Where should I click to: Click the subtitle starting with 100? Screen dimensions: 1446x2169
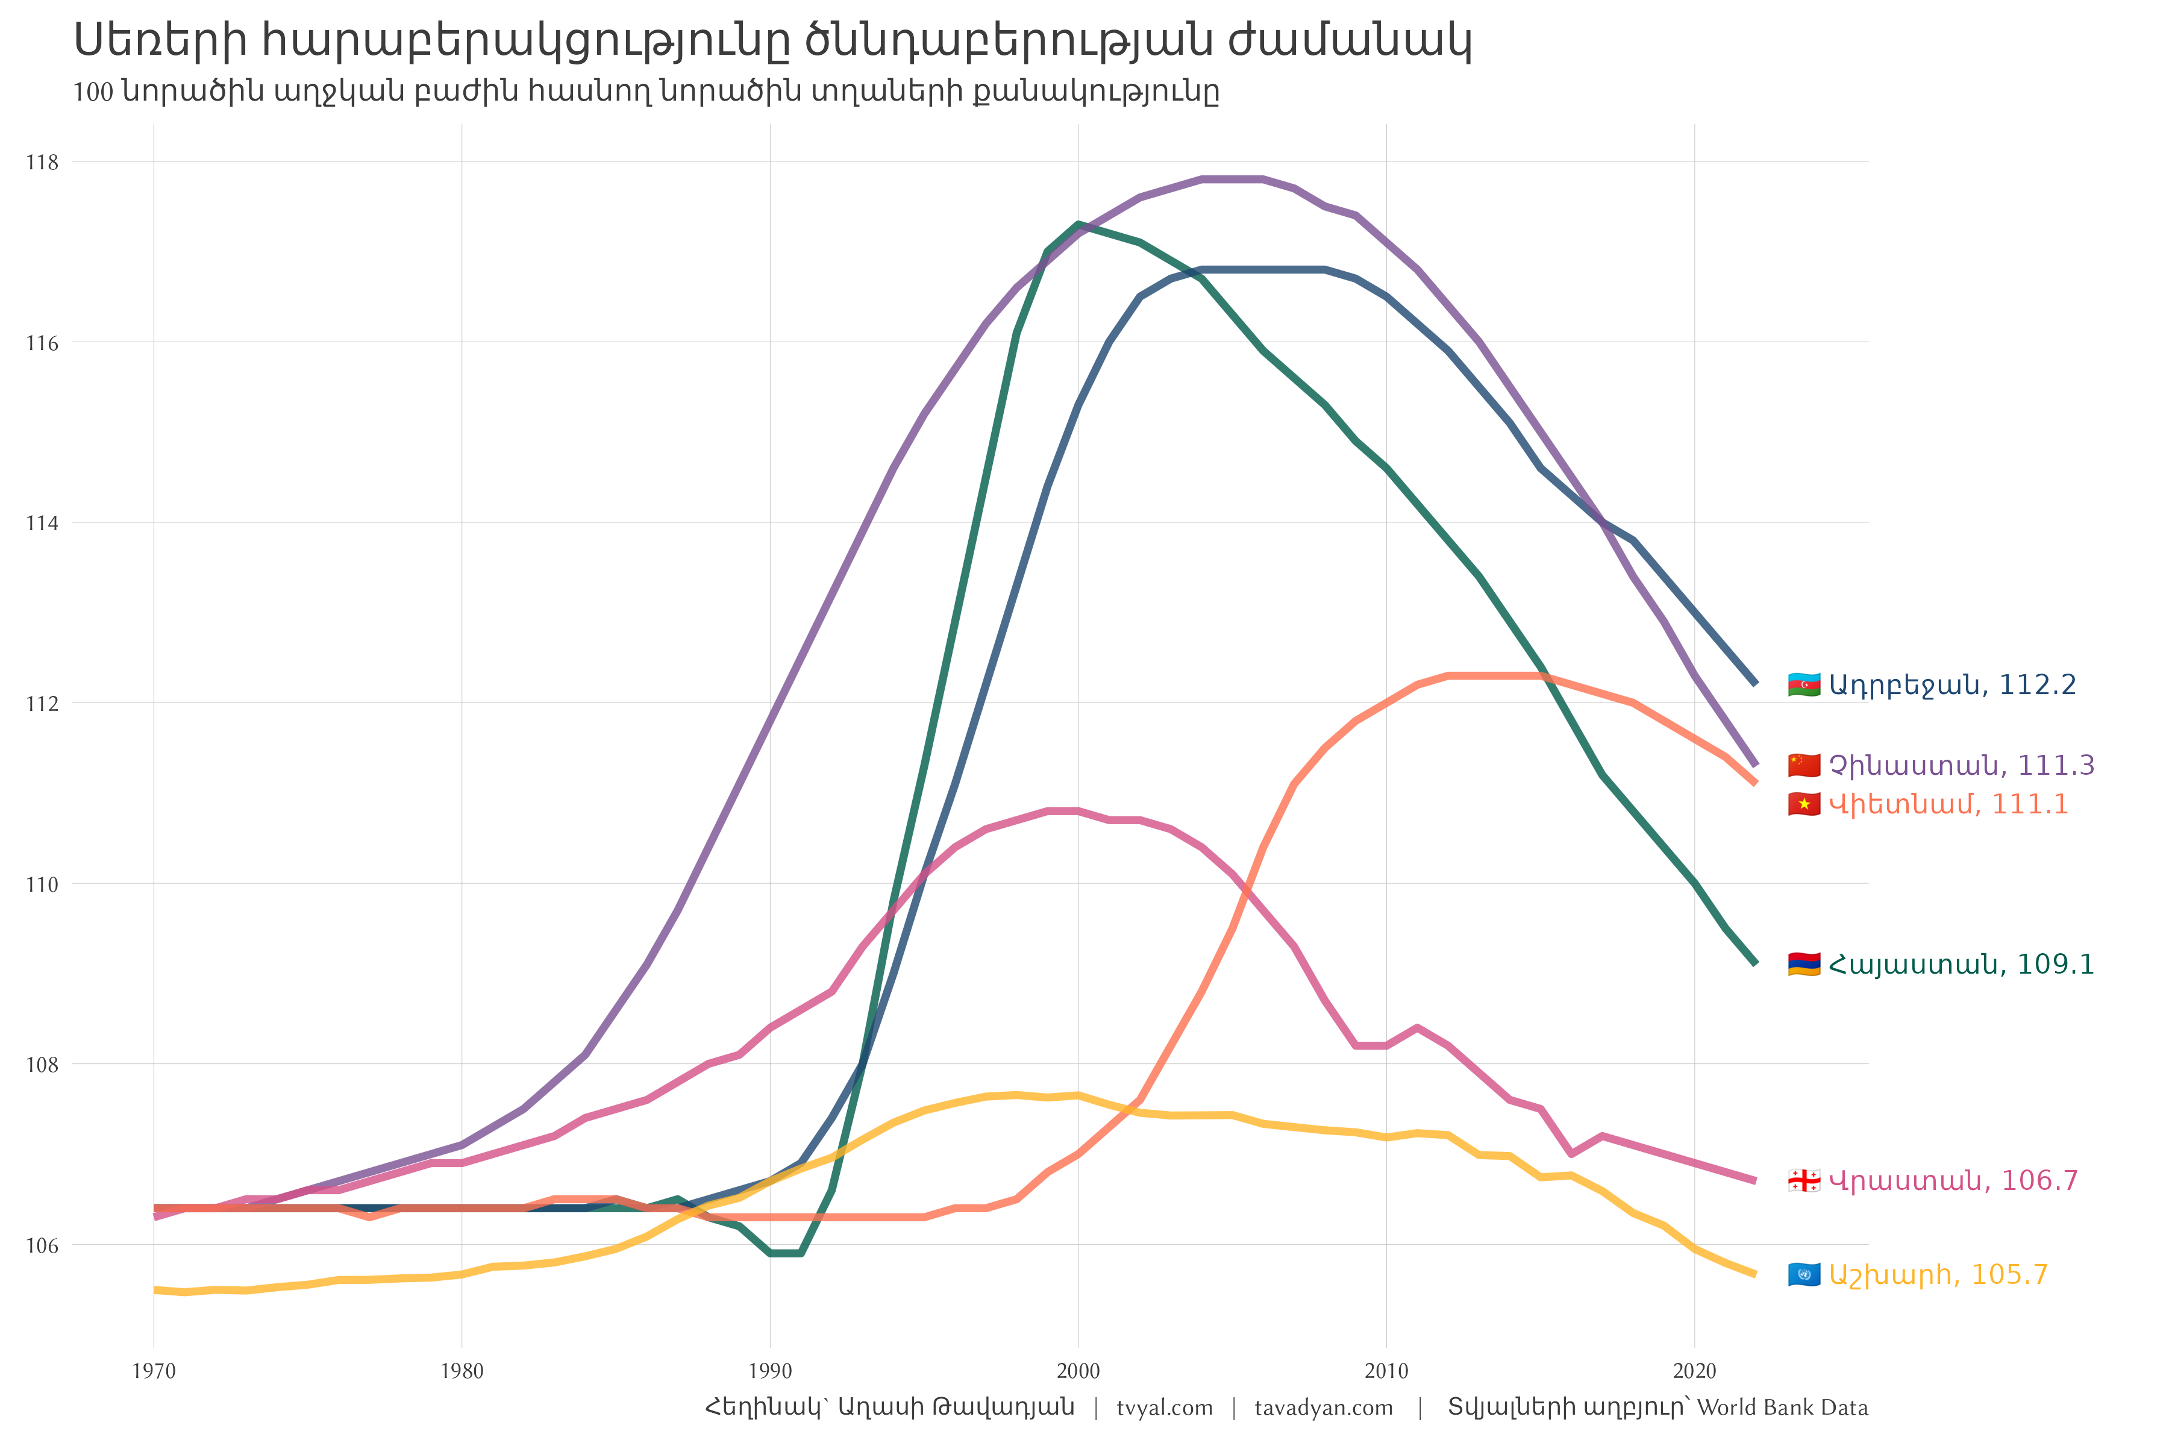pos(645,92)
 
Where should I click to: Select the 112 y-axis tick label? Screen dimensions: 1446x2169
pos(42,704)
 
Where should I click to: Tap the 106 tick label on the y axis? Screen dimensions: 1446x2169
pos(42,1247)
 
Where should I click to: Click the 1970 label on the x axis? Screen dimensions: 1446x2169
pos(154,1371)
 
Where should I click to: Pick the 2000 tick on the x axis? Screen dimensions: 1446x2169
pos(1078,1371)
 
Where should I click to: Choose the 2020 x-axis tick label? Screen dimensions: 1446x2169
pos(1694,1371)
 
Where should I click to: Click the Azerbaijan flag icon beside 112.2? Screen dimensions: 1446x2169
pos(1804,685)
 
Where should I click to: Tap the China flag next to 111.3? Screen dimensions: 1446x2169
pos(1804,765)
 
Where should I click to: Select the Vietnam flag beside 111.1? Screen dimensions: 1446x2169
pos(1804,804)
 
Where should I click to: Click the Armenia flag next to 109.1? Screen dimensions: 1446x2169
pos(1804,965)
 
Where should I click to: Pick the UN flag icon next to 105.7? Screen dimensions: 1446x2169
pos(1804,1275)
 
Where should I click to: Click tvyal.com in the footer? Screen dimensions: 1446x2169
pos(1165,1408)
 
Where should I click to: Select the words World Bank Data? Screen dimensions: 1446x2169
pos(1783,1408)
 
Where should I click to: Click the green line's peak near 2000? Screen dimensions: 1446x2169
pos(1078,224)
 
